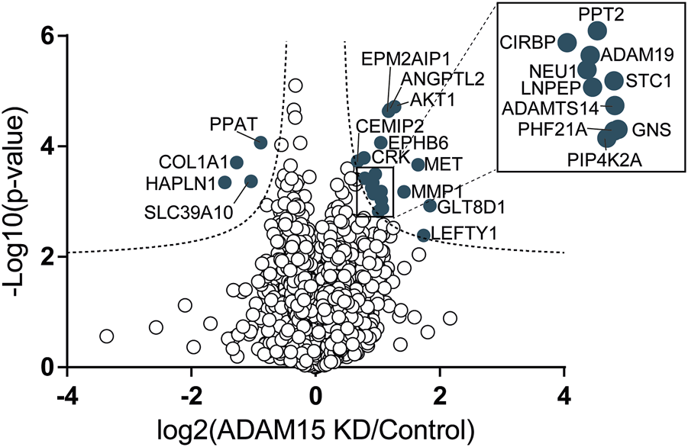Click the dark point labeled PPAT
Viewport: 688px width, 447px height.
[x=260, y=143]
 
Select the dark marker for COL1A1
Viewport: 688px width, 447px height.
[x=237, y=162]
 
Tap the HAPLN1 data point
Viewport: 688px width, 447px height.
[x=225, y=182]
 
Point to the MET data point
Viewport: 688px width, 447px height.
[x=418, y=165]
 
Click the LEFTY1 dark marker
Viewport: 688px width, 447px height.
[x=424, y=235]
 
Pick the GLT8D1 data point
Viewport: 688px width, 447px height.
[x=430, y=206]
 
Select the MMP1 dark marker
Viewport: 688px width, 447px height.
[x=404, y=191]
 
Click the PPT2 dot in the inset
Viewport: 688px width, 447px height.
[x=597, y=31]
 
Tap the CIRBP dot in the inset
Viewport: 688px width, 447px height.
[x=567, y=41]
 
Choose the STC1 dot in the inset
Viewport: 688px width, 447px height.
[x=613, y=79]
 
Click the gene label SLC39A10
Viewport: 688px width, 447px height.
[x=188, y=211]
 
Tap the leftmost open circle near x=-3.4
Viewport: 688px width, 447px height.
[x=107, y=336]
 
